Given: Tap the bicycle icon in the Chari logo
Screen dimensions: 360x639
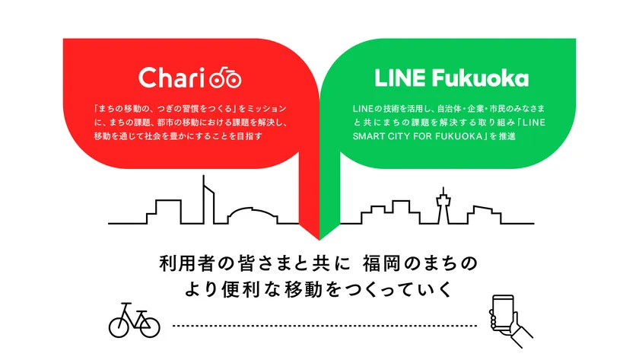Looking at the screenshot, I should pos(224,78).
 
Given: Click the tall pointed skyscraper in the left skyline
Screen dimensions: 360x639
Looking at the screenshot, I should pos(206,199).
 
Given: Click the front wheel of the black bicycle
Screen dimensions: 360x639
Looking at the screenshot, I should pos(148,326).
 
